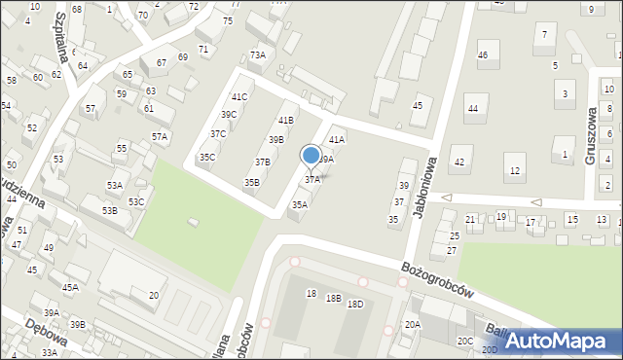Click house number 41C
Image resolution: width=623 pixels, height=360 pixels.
click(x=239, y=97)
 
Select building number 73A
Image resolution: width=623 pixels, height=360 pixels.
click(x=257, y=55)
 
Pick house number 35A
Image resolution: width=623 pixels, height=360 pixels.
click(x=300, y=205)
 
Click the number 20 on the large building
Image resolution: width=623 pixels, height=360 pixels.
click(x=154, y=295)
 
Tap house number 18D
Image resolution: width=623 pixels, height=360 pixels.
click(x=355, y=305)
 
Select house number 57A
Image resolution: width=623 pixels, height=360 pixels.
click(x=160, y=137)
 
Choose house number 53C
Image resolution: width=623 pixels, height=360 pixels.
click(x=136, y=201)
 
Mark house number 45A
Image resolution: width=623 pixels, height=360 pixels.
click(x=70, y=287)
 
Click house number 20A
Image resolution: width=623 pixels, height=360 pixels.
click(x=413, y=324)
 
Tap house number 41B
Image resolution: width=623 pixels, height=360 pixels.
click(x=285, y=121)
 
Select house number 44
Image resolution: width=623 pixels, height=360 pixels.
click(x=473, y=109)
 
